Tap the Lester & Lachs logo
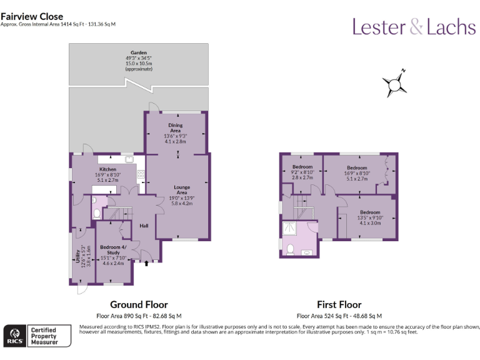click(414, 26)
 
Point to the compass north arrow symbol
click(394, 84)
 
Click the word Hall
click(144, 226)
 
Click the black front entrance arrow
click(146, 264)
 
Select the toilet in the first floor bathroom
click(289, 249)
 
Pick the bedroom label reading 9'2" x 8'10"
click(302, 173)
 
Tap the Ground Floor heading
click(139, 305)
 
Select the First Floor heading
click(339, 305)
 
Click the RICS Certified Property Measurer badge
click(37, 336)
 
